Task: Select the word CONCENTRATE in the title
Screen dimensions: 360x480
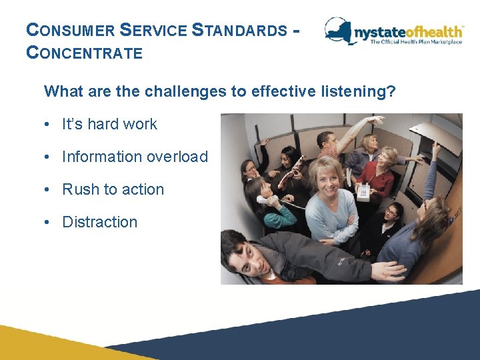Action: [x=84, y=53]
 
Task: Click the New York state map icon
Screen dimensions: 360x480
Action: [x=339, y=29]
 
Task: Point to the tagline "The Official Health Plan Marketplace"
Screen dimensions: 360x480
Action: [x=417, y=41]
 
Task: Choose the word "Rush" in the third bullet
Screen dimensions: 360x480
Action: [x=80, y=189]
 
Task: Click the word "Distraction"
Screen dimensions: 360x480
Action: [x=99, y=222]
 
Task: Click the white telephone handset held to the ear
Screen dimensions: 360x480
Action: [x=264, y=199]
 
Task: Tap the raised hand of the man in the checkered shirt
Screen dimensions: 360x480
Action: [x=377, y=121]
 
